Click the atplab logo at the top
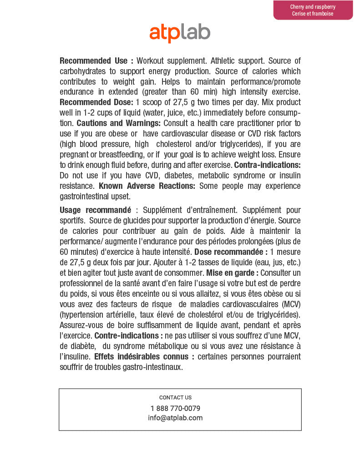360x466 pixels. coord(180,33)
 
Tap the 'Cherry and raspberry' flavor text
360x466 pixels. coord(313,7)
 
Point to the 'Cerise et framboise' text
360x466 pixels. coord(313,14)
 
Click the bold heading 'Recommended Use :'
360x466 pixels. coord(96,61)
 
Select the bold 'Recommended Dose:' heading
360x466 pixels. coord(96,102)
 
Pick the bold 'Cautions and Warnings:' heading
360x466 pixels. coord(118,123)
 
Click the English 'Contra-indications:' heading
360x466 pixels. coord(267,165)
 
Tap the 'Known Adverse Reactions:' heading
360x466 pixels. coord(147,186)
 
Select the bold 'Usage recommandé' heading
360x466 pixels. coord(95,210)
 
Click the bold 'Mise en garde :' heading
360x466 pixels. coord(232,273)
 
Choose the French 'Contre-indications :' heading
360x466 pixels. coord(129,335)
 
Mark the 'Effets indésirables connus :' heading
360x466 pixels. coord(144,356)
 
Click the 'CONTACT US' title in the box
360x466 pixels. coord(175,397)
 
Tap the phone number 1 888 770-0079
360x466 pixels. coord(175,408)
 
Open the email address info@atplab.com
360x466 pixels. coord(175,418)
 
